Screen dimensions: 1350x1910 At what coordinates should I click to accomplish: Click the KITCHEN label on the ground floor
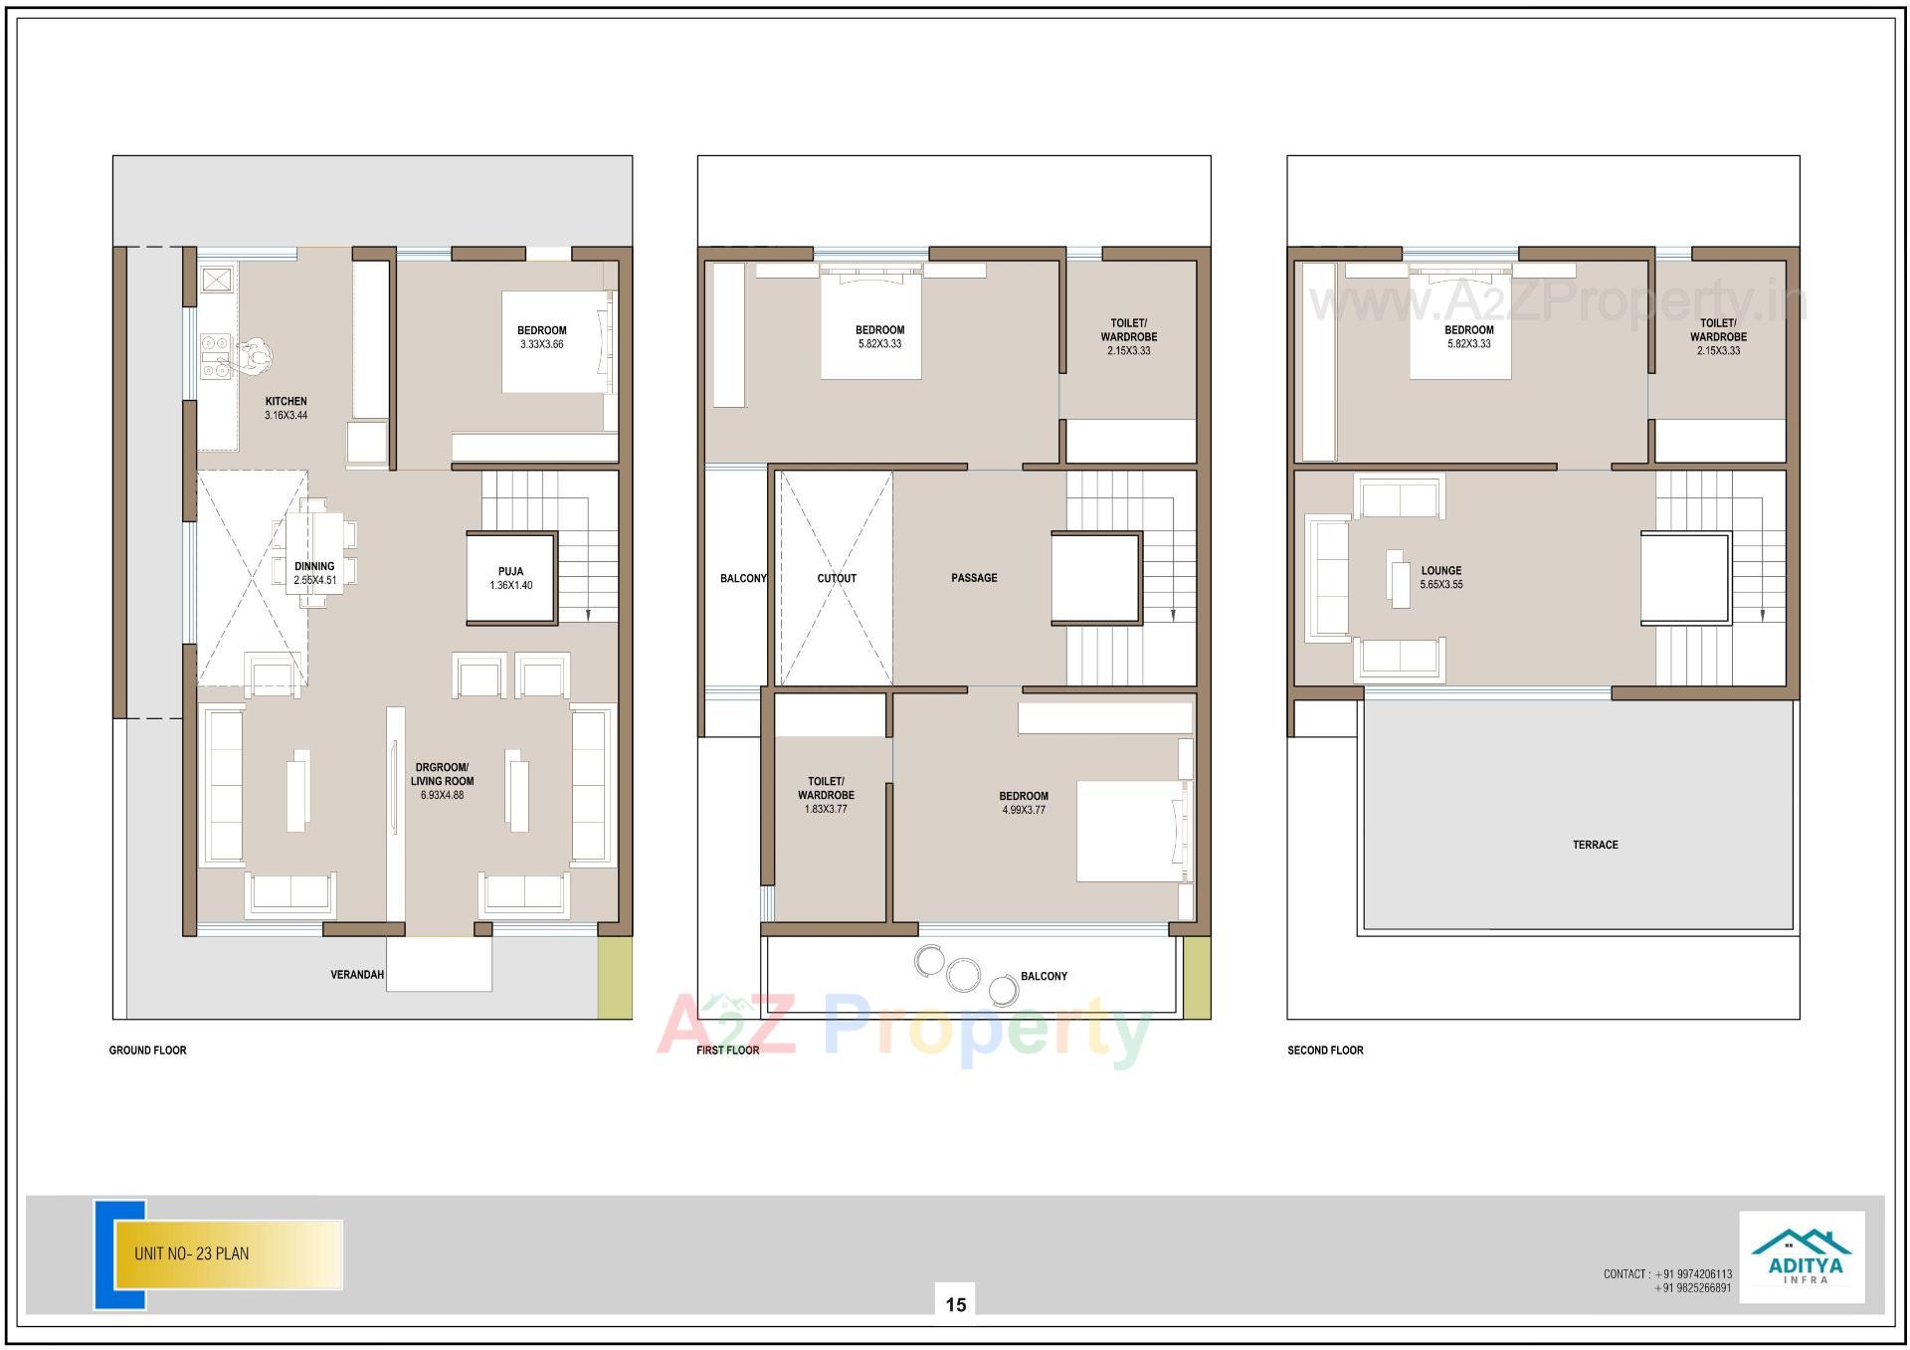pyautogui.click(x=286, y=402)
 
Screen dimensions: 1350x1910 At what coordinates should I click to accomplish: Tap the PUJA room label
pyautogui.click(x=510, y=572)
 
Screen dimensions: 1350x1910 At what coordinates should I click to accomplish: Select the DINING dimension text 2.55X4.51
pyautogui.click(x=314, y=581)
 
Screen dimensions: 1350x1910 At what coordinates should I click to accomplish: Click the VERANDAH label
pyautogui.click(x=357, y=975)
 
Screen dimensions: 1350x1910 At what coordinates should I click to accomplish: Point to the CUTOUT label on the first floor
pyautogui.click(x=837, y=578)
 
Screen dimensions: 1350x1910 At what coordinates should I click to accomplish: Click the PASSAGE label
pyautogui.click(x=974, y=578)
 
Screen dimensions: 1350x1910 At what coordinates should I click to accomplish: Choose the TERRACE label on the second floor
pyautogui.click(x=1595, y=845)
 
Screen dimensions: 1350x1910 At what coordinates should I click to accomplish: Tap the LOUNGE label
pyautogui.click(x=1441, y=571)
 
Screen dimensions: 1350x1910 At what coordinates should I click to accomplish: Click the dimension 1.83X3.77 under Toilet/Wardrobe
pyautogui.click(x=826, y=810)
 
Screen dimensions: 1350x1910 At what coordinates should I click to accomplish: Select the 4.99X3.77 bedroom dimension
pyautogui.click(x=1024, y=811)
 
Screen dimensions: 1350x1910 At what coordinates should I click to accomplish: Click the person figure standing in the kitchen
pyautogui.click(x=256, y=355)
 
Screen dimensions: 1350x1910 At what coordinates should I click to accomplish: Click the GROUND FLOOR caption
pyautogui.click(x=148, y=1051)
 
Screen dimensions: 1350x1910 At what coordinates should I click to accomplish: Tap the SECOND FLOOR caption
pyautogui.click(x=1325, y=1051)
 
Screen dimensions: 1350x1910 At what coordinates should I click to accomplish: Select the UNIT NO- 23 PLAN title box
pyautogui.click(x=229, y=1254)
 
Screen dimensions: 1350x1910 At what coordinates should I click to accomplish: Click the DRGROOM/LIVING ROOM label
pyautogui.click(x=442, y=774)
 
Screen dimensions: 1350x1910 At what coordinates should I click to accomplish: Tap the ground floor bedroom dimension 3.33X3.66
pyautogui.click(x=541, y=345)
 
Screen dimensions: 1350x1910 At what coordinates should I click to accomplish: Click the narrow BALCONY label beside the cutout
pyautogui.click(x=743, y=579)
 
